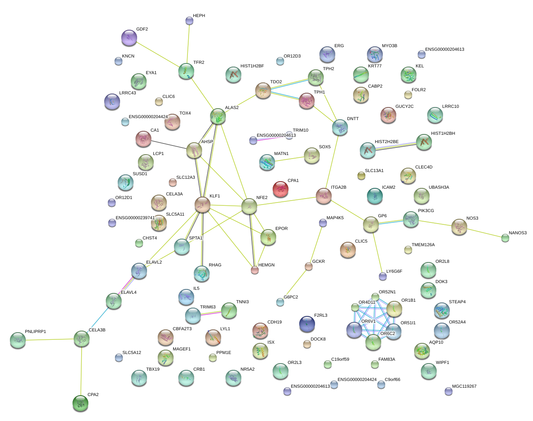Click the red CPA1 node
coord(280,189)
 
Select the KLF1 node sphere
coord(203,204)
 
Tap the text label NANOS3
coord(518,233)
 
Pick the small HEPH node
coord(189,21)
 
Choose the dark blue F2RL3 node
coord(307,324)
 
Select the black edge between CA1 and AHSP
coord(169,145)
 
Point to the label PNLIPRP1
coord(35,332)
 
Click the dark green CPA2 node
coord(80,403)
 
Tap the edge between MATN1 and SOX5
coord(289,159)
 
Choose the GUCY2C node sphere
coord(388,115)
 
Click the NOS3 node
coord(459,227)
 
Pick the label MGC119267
coord(464,387)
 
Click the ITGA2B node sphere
coord(324,196)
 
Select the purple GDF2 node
coord(129,38)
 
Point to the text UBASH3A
coord(439,188)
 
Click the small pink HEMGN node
coord(255,270)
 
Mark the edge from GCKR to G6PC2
coord(294,284)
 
